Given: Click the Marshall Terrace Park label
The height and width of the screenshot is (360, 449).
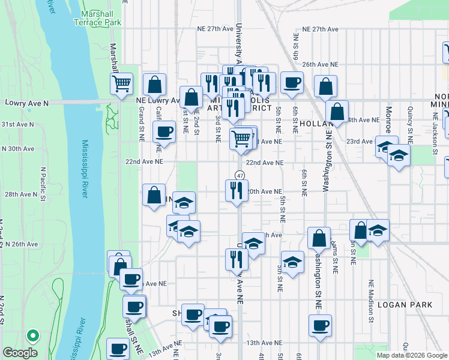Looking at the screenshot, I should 97,18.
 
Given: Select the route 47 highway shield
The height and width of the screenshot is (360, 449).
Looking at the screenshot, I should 240,175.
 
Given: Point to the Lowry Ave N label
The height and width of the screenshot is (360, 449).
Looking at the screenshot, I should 26,103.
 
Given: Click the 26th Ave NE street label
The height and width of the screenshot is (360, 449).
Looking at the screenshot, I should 321,64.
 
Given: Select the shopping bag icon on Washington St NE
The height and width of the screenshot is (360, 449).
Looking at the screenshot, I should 319,238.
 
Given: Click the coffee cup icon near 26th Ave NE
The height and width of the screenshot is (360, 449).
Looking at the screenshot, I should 292,82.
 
